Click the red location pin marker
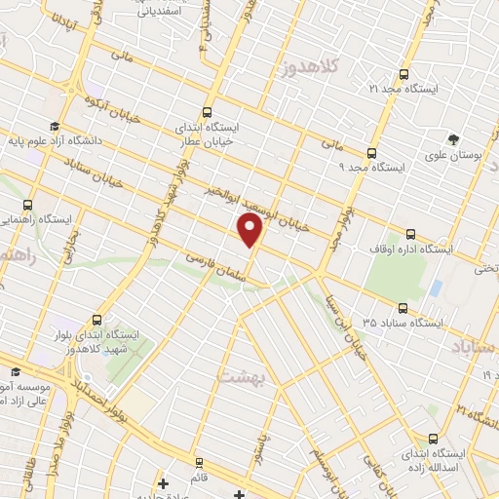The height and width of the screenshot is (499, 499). (x=250, y=230)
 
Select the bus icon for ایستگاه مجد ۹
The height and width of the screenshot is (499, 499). (x=370, y=152)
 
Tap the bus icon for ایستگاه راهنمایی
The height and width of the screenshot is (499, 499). (x=27, y=206)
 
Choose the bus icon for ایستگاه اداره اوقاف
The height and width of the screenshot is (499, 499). (x=409, y=234)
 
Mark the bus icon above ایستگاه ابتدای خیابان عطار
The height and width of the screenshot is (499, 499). (x=206, y=112)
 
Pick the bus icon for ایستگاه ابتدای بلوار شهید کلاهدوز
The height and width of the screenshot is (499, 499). (x=96, y=319)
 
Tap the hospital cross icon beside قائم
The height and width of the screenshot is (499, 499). (x=163, y=481)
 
